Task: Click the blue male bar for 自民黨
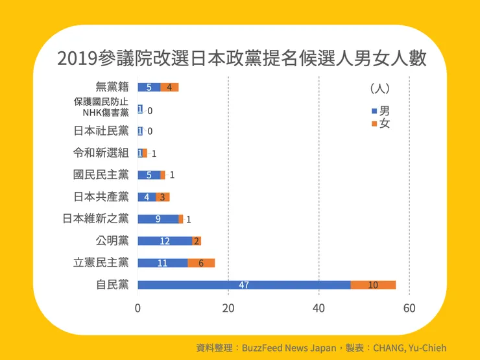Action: pos(244,285)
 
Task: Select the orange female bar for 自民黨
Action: pos(373,285)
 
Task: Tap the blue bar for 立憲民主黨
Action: pos(163,263)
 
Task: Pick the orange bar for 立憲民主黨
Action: pos(201,263)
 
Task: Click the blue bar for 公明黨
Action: pos(165,241)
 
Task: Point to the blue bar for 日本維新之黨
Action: pos(158,219)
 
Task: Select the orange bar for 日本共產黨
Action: pos(163,197)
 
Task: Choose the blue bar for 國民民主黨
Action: pos(149,174)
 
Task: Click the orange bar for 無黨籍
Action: pos(169,87)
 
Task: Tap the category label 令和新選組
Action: pos(101,153)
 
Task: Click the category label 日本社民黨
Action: pos(101,131)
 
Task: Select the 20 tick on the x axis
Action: pos(228,308)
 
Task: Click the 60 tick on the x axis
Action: pos(409,308)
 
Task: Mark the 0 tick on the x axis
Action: pos(138,308)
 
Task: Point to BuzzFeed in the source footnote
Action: pos(264,348)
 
